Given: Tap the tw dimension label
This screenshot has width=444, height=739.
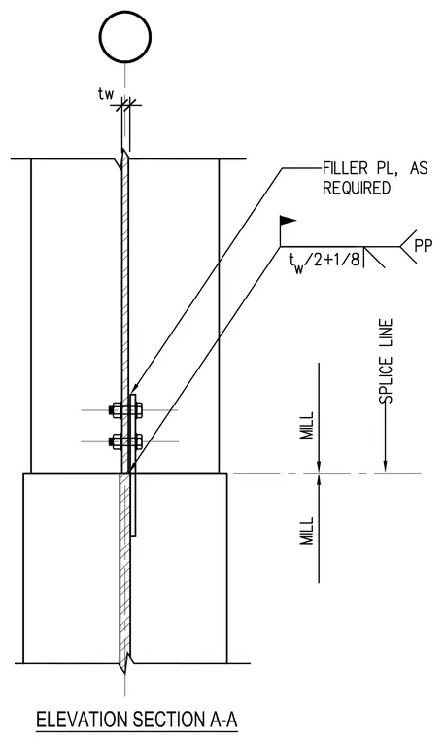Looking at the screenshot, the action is [x=106, y=94].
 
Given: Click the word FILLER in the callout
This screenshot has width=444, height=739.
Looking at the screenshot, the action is [x=345, y=168].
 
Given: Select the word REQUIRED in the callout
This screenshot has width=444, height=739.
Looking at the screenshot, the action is [x=357, y=188].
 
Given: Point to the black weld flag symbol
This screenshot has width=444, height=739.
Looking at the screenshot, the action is [x=288, y=220].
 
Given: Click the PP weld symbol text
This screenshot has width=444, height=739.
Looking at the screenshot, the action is [x=423, y=246].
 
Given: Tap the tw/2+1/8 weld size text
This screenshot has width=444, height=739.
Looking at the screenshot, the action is [x=324, y=261].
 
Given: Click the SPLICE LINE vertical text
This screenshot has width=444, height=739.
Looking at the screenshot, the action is [x=386, y=362].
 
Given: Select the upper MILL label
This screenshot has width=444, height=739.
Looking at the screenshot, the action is [x=307, y=426].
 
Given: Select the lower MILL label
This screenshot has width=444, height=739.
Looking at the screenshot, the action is [x=307, y=531].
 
